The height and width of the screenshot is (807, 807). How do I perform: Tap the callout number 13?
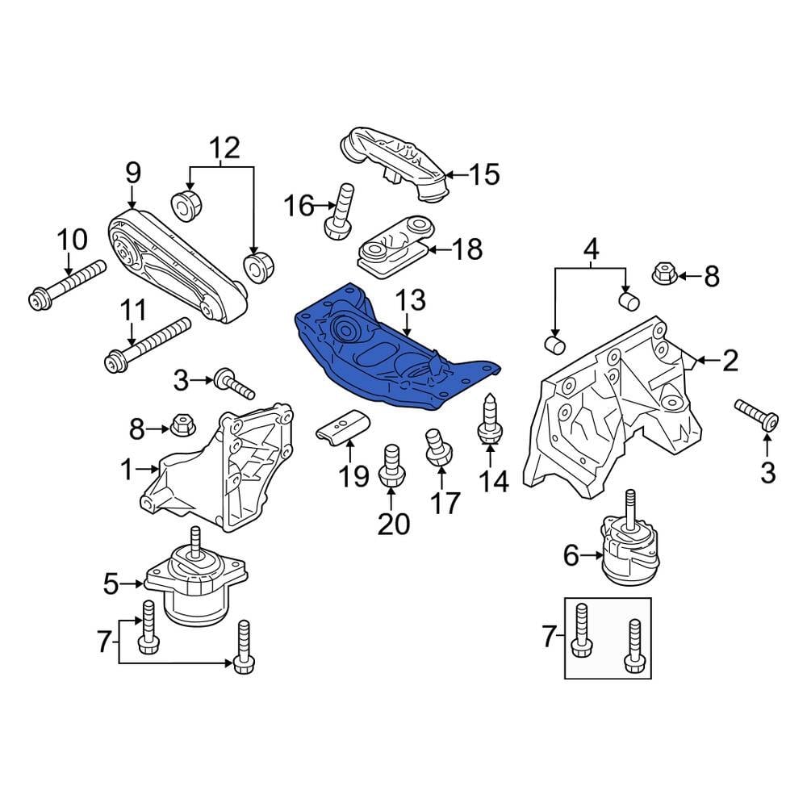409,302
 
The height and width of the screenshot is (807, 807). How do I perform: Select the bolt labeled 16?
340,211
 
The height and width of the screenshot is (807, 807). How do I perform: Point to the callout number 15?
484,174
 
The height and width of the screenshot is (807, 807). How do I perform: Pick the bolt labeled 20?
391,466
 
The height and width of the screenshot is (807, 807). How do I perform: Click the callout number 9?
132,172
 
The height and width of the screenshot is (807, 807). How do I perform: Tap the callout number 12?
225,148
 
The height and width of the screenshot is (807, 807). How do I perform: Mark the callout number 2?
730,361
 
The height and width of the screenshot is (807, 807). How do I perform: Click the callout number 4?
592,249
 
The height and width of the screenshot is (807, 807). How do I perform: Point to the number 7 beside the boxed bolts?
550,638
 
